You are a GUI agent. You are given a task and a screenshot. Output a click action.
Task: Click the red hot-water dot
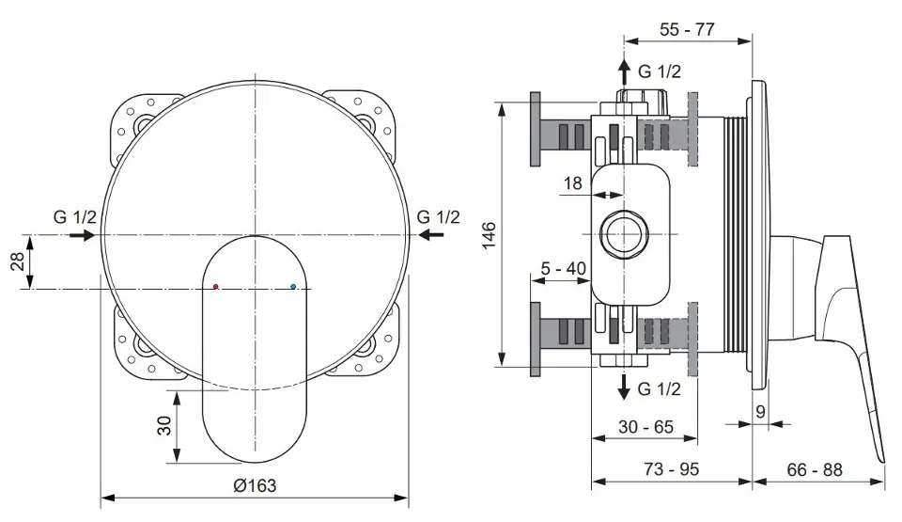tap(216, 286)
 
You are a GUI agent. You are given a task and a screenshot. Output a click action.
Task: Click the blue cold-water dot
tap(293, 286)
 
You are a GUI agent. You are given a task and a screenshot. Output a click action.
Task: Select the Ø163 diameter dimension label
tap(255, 485)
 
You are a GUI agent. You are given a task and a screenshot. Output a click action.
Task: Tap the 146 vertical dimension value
tap(489, 235)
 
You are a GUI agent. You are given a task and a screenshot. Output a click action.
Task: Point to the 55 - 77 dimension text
tap(687, 29)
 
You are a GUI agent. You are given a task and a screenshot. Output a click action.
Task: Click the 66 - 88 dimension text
tap(815, 469)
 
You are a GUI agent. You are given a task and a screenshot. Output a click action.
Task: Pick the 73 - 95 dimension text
tap(671, 469)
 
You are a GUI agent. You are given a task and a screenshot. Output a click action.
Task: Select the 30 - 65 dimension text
tap(645, 427)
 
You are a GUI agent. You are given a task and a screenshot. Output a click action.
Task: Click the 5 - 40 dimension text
tap(563, 268)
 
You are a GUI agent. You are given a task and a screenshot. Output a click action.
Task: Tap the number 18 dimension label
tap(572, 183)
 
